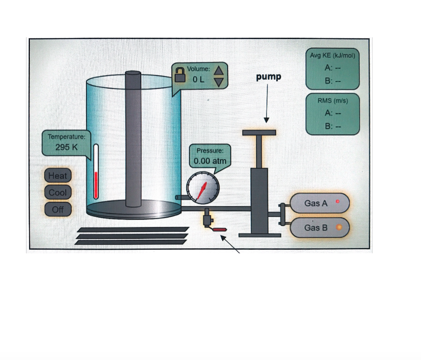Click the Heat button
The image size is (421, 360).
pyautogui.click(x=58, y=176)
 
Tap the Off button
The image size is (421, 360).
pyautogui.click(x=58, y=209)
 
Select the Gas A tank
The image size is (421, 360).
pyautogui.click(x=320, y=203)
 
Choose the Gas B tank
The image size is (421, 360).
pyautogui.click(x=320, y=228)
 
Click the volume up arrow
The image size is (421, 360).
pyautogui.click(x=219, y=70)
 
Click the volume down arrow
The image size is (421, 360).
pyautogui.click(x=219, y=82)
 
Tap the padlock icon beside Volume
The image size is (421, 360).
pyautogui.click(x=180, y=75)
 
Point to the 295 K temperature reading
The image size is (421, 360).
pyautogui.click(x=66, y=147)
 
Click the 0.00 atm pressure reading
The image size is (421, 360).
pyautogui.click(x=210, y=161)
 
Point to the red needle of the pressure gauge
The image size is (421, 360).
pyautogui.click(x=202, y=191)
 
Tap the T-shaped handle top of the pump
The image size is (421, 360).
pyautogui.click(x=259, y=132)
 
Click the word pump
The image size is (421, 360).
pyautogui.click(x=268, y=77)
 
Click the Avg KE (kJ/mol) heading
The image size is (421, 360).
pyautogui.click(x=332, y=56)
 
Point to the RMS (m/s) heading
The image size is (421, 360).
pyautogui.click(x=333, y=101)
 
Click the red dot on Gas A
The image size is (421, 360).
pyautogui.click(x=338, y=201)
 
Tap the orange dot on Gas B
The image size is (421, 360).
pyautogui.click(x=339, y=227)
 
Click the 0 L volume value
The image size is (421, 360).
pyautogui.click(x=199, y=79)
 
